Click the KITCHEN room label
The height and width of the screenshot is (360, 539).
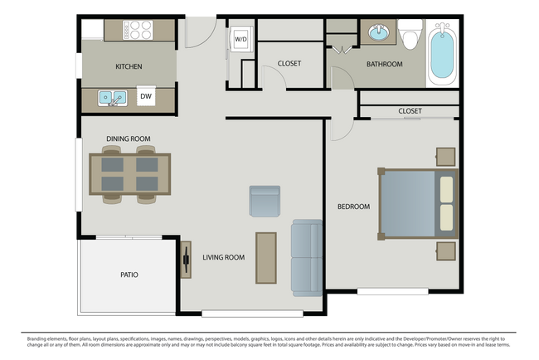(129, 66)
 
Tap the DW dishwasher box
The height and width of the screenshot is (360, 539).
(145, 97)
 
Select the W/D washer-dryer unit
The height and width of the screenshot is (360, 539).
(240, 39)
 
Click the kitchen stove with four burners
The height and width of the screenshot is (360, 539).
(138, 30)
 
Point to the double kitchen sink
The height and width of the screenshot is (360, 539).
(112, 98)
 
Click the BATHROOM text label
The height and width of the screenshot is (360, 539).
(385, 64)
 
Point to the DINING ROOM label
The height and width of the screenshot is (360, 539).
(128, 139)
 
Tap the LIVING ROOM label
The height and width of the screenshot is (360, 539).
(224, 257)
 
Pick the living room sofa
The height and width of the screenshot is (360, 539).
(306, 257)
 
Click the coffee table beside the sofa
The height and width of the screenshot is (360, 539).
(265, 258)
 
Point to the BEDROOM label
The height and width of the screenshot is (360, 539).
(353, 206)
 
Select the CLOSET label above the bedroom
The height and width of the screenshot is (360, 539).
(410, 111)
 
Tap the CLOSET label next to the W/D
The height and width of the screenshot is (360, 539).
(289, 63)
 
